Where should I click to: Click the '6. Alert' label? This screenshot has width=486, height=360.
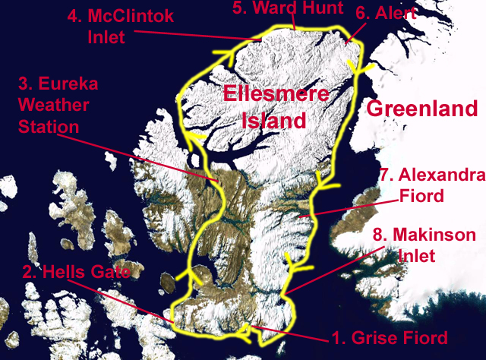coord(385,14)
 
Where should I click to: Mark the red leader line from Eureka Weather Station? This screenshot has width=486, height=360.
coord(144,153)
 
